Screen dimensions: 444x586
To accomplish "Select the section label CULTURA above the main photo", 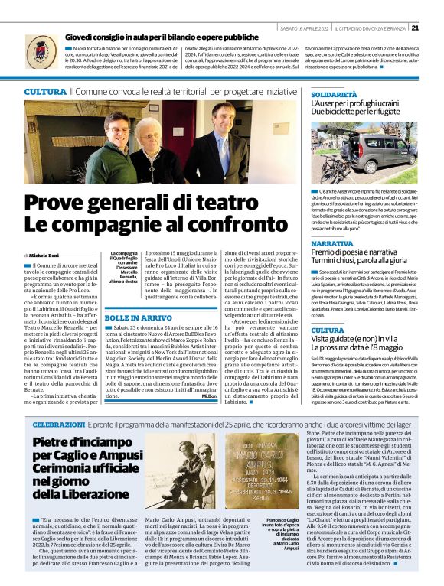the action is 44,91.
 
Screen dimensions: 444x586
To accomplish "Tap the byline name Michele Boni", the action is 46,254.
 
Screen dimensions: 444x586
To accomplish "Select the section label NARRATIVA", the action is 332,243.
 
